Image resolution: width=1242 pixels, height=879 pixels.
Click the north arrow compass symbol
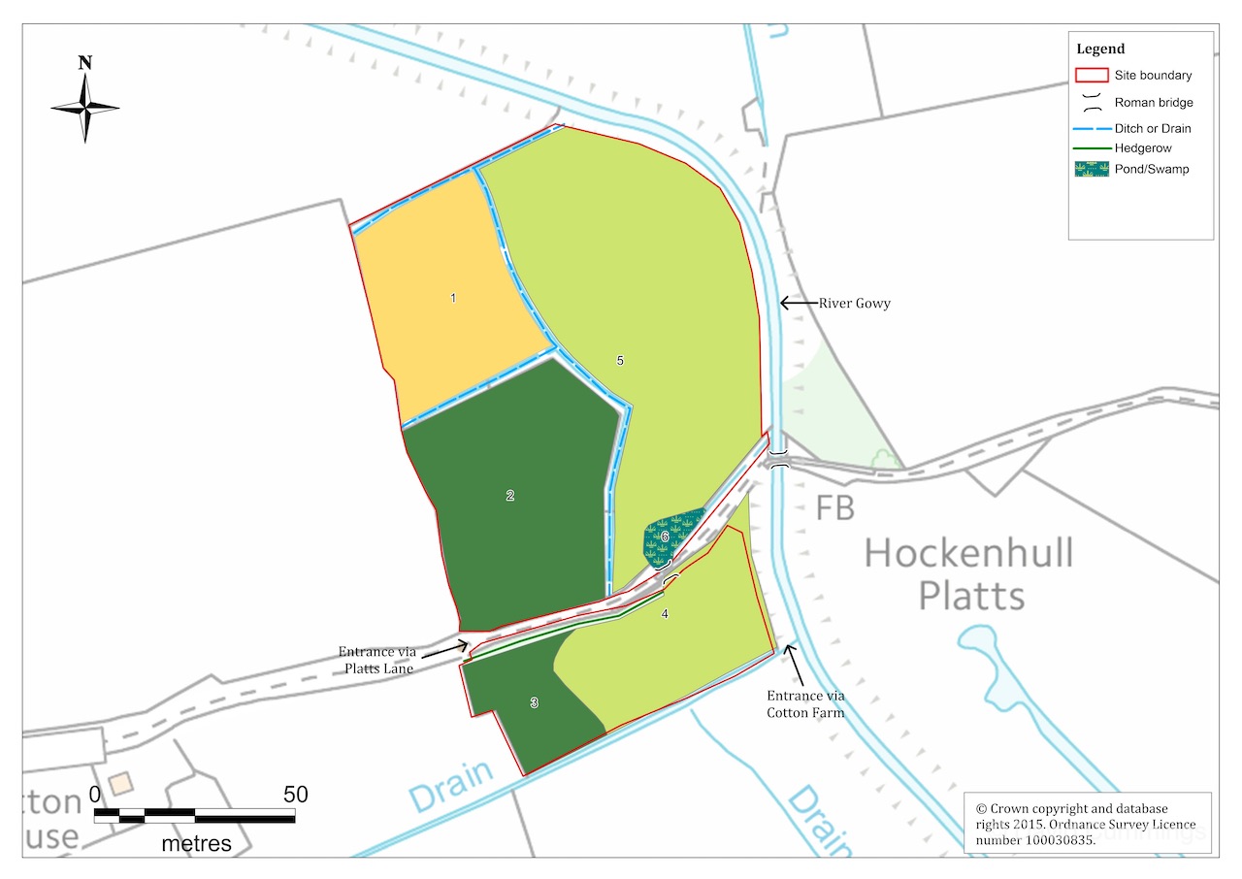[x=85, y=106]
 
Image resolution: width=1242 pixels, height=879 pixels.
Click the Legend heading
[x=1100, y=49]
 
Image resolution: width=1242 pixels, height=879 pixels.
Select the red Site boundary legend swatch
[x=1092, y=75]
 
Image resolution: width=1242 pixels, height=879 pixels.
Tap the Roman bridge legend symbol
[x=1092, y=102]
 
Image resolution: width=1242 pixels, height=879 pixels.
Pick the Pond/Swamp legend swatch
[x=1092, y=169]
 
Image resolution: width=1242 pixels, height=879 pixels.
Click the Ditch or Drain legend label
[x=1153, y=128]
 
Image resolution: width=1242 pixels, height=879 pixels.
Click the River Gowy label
[x=854, y=304]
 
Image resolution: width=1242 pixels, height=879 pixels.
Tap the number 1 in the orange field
[x=453, y=298]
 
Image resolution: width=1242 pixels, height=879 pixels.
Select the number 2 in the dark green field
[x=510, y=496]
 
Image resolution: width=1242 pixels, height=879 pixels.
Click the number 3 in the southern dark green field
[x=534, y=703]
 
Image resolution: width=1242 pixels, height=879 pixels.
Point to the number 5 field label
[x=620, y=361]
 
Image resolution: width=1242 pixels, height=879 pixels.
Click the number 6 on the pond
[x=665, y=536]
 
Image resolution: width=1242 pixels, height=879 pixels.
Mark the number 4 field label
[x=665, y=613]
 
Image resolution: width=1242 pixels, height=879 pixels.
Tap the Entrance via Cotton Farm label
[x=805, y=703]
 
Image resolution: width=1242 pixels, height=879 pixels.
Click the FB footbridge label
[x=834, y=507]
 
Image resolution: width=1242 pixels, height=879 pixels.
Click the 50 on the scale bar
[x=295, y=795]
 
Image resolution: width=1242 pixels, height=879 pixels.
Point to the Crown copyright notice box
[x=1087, y=824]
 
